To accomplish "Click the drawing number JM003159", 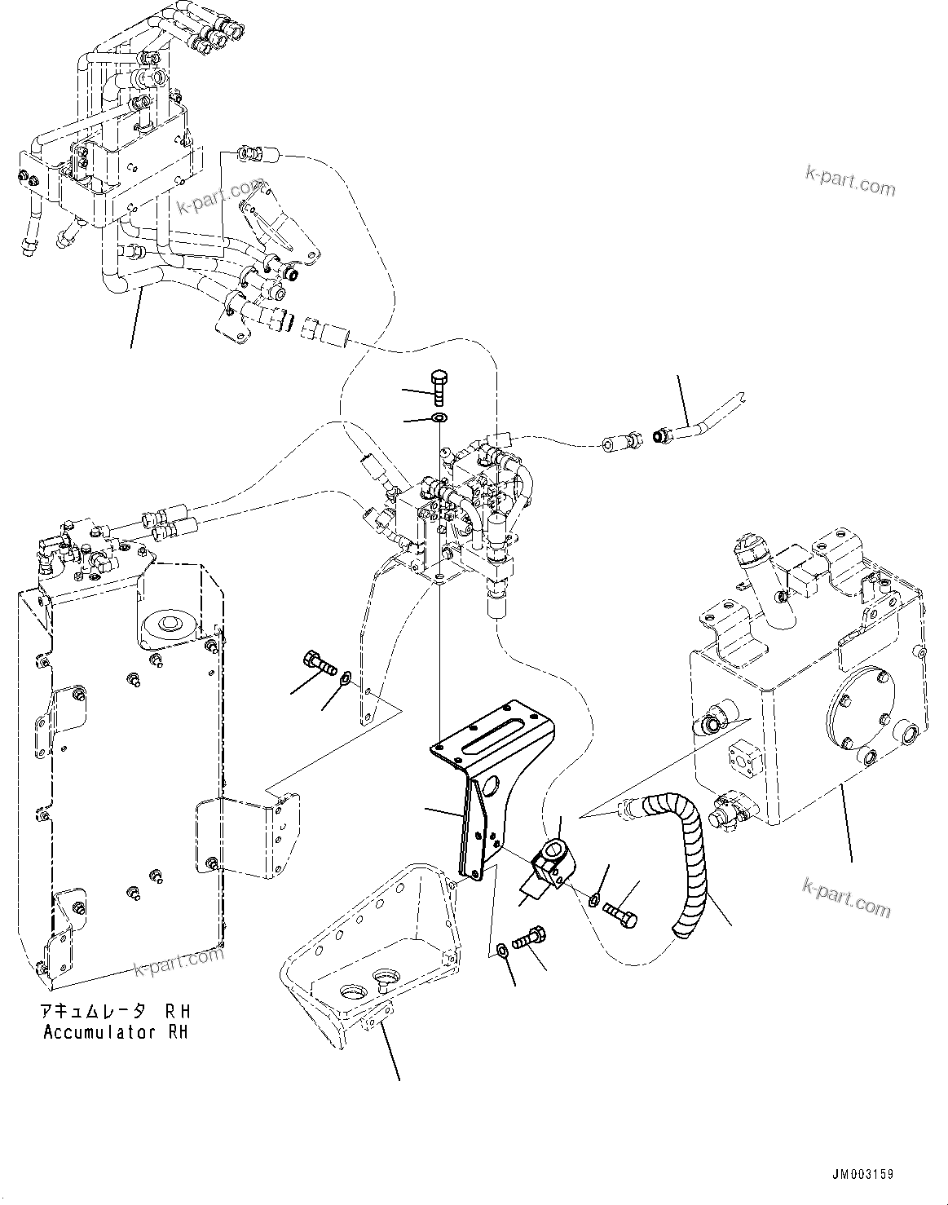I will [x=862, y=1175].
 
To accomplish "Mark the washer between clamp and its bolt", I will [x=593, y=898].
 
